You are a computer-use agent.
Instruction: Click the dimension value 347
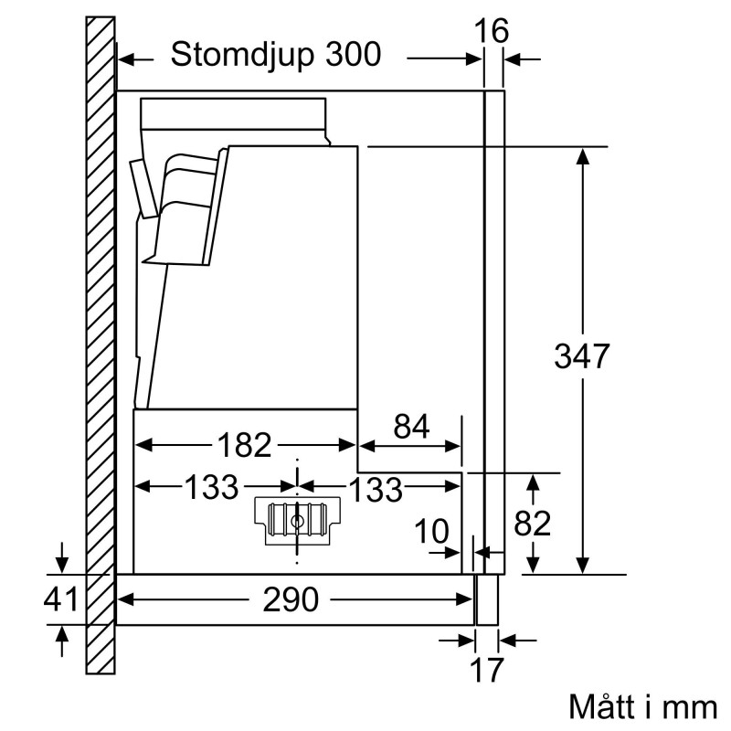pyautogui.click(x=581, y=355)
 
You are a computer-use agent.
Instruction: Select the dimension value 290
pyautogui.click(x=291, y=600)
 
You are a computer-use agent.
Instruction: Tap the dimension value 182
pyautogui.click(x=246, y=446)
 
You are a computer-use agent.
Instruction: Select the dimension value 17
pyautogui.click(x=486, y=669)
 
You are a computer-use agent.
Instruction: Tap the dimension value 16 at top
pyautogui.click(x=493, y=31)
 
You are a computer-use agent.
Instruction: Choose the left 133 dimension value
pyautogui.click(x=212, y=487)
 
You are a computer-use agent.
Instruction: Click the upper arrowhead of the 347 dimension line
pyautogui.click(x=581, y=155)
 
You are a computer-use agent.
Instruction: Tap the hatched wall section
pyautogui.click(x=101, y=347)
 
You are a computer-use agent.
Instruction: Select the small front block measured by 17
pyautogui.click(x=487, y=599)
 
